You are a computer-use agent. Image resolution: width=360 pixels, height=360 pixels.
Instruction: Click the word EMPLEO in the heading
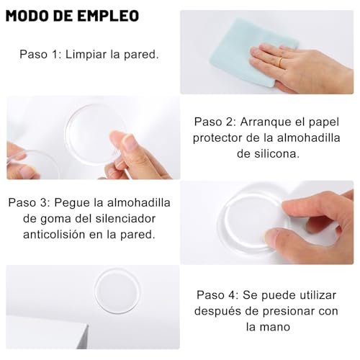(x=108, y=16)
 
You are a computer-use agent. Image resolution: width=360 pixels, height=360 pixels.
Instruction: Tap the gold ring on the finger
(x=280, y=62)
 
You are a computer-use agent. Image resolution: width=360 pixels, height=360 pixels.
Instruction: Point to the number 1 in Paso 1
(x=54, y=54)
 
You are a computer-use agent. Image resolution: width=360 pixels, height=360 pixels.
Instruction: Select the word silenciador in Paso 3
(x=125, y=218)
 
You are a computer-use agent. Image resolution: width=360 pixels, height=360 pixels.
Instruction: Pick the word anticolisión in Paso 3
(x=54, y=235)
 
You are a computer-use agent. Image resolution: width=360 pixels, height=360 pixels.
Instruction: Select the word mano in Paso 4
(x=276, y=328)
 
